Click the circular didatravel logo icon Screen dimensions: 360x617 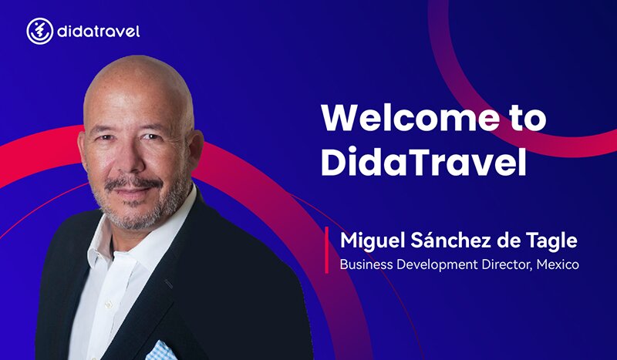pos(40,31)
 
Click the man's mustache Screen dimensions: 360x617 pos(133,183)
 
